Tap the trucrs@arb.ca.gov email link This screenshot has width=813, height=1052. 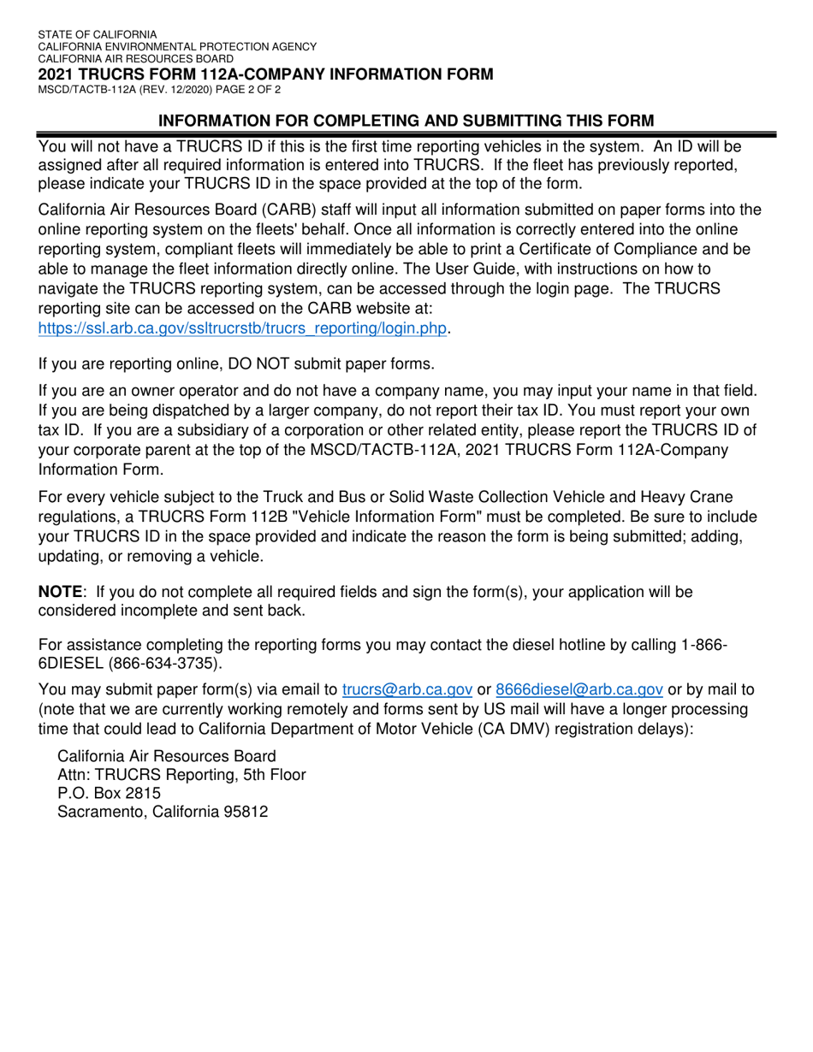click(x=407, y=689)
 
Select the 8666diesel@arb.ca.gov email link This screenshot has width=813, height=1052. click(x=579, y=689)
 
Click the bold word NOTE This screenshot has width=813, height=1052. click(x=61, y=592)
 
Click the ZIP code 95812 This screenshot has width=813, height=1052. click(x=245, y=812)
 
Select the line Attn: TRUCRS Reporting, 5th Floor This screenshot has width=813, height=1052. click(x=181, y=775)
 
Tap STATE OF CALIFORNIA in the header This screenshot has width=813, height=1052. click(x=97, y=35)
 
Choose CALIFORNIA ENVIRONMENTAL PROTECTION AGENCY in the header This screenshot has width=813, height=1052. click(x=177, y=47)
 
